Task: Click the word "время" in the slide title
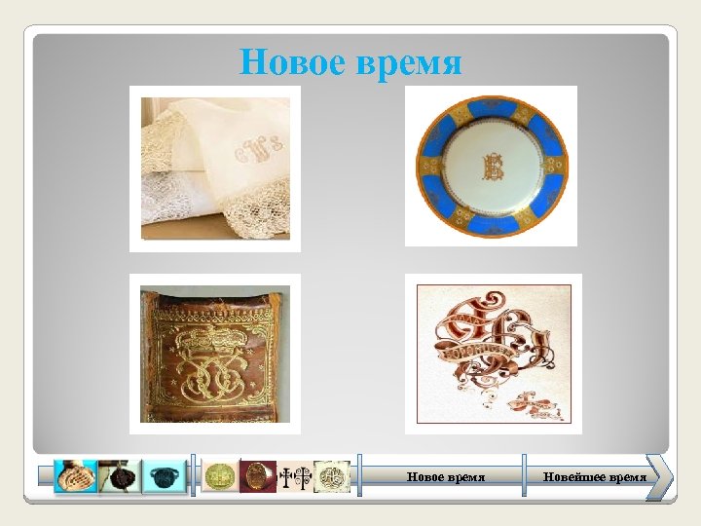(412, 64)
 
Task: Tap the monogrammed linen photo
(215, 168)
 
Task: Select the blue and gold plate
(491, 166)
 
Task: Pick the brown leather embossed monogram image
(215, 354)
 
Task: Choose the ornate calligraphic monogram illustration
(493, 354)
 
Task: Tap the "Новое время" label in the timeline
(445, 477)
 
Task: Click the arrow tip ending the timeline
(666, 477)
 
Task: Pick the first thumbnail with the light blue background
(75, 476)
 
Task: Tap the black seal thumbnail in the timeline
(118, 477)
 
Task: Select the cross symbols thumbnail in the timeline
(294, 477)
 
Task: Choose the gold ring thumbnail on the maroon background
(258, 477)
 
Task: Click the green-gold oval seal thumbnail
(220, 477)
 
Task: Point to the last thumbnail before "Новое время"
(332, 477)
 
